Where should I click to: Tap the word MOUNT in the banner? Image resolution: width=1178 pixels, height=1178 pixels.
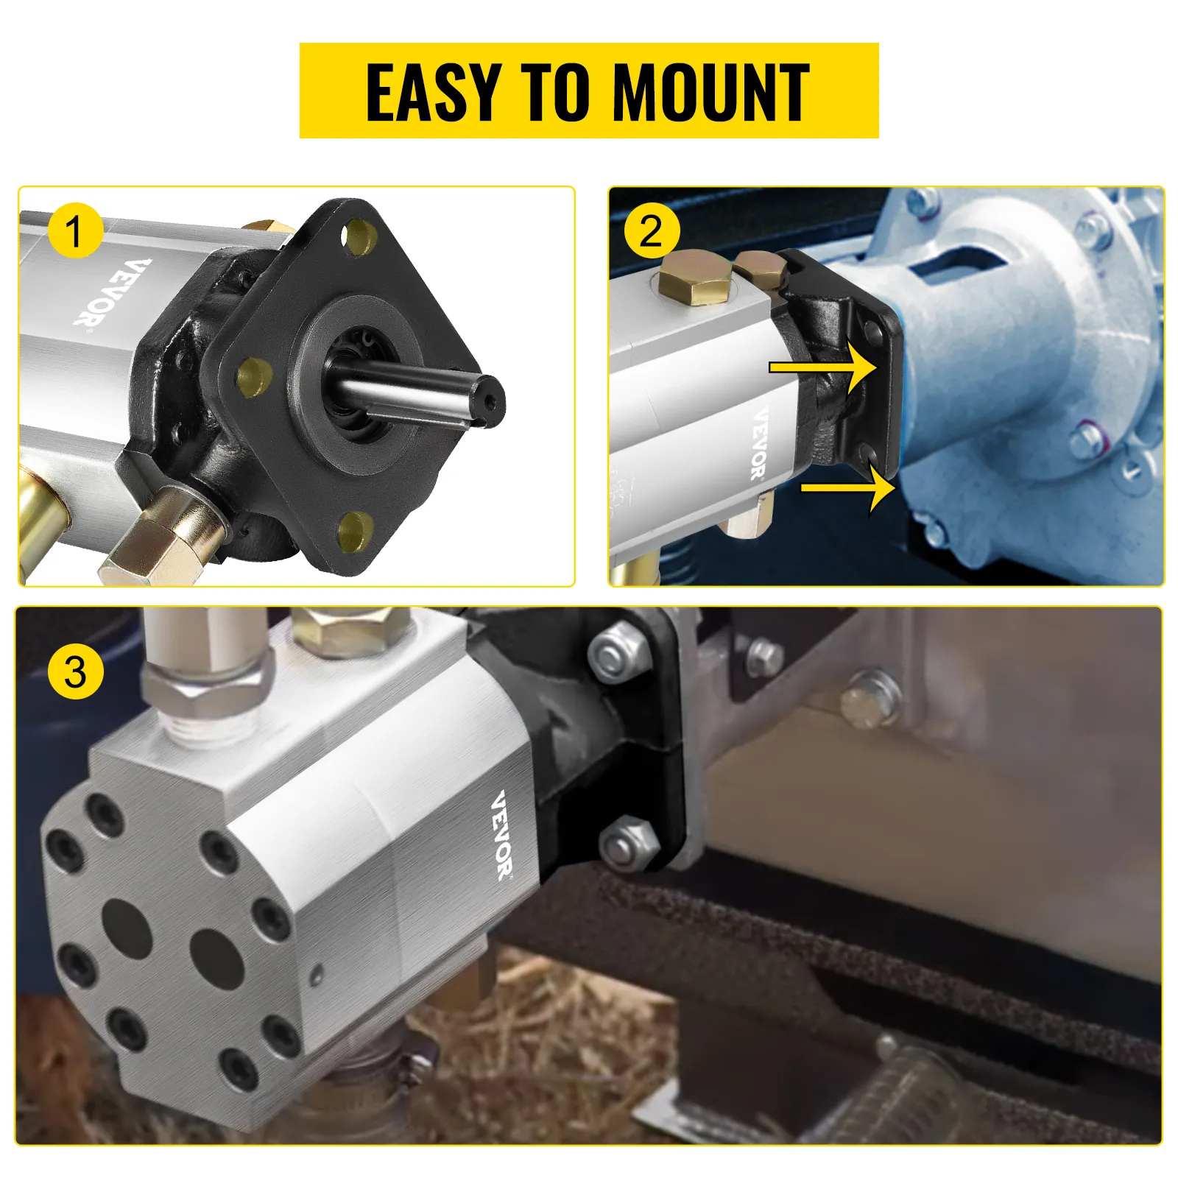click(710, 92)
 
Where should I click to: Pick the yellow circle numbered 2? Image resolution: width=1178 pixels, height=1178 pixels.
click(652, 231)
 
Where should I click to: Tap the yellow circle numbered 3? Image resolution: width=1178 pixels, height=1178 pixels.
click(76, 672)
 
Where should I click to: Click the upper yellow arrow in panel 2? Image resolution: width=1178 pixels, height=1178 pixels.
click(822, 367)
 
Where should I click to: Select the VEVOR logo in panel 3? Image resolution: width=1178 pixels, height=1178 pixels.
click(503, 836)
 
